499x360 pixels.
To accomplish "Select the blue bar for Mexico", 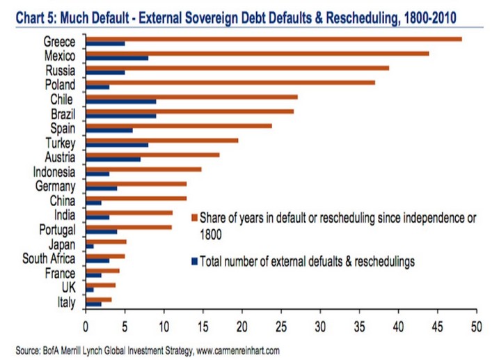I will coord(116,58).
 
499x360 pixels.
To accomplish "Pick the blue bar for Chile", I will coord(120,102).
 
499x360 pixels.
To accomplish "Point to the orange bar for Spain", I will coord(178,126).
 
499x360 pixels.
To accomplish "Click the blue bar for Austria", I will coord(113,159).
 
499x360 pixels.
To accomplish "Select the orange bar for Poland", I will coord(230,82).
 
